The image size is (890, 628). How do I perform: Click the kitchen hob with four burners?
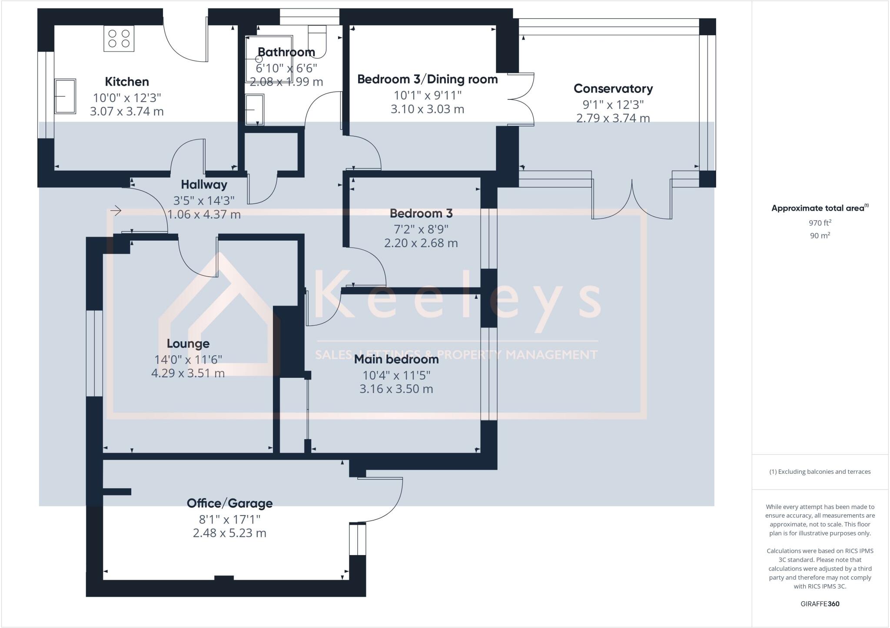pyautogui.click(x=119, y=38)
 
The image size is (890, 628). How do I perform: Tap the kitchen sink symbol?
pyautogui.click(x=65, y=96)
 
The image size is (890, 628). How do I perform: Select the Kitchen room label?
pyautogui.click(x=127, y=82)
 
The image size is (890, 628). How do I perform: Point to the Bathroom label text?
pyautogui.click(x=286, y=52)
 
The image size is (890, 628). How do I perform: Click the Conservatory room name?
pyautogui.click(x=613, y=89)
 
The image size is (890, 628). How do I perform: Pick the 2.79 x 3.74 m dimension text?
pyautogui.click(x=613, y=118)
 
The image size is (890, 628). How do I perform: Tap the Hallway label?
pyautogui.click(x=204, y=185)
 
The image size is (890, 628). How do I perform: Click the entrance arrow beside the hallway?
pyautogui.click(x=116, y=211)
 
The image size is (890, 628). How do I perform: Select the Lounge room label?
pyautogui.click(x=188, y=344)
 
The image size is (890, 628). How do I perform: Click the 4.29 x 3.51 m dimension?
pyautogui.click(x=188, y=373)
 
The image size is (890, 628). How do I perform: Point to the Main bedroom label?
pyautogui.click(x=396, y=359)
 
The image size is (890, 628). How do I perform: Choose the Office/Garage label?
pyautogui.click(x=229, y=503)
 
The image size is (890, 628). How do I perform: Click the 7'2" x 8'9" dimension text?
pyautogui.click(x=421, y=228)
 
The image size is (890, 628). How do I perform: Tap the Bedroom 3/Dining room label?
pyautogui.click(x=427, y=79)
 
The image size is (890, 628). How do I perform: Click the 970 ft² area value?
pyautogui.click(x=820, y=223)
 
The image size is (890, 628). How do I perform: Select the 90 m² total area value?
pyautogui.click(x=820, y=236)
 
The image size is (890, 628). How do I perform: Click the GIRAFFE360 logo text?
pyautogui.click(x=820, y=604)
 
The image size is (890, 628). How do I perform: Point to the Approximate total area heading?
pyautogui.click(x=820, y=208)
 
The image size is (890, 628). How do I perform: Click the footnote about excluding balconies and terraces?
pyautogui.click(x=820, y=472)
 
